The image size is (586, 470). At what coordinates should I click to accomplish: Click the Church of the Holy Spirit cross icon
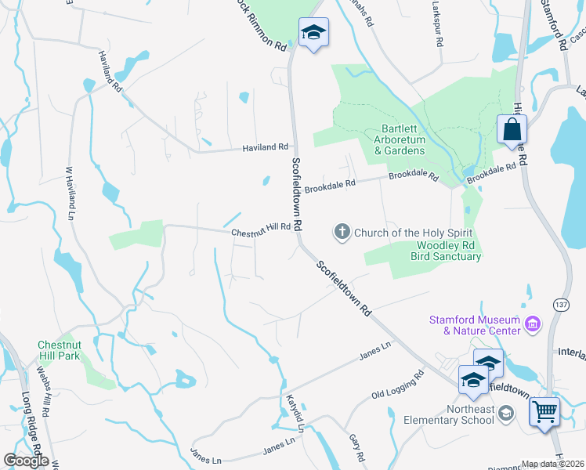342,232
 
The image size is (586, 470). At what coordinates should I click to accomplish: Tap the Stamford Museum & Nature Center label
475,325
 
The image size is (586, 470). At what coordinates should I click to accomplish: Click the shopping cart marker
544,410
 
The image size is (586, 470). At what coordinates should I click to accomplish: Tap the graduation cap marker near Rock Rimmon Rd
313,32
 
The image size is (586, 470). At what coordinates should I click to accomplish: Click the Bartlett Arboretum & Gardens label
399,139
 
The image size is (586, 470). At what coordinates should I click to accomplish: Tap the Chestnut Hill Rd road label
261,232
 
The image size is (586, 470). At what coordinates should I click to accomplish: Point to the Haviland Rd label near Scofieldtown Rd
265,146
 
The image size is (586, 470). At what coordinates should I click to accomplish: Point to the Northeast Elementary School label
448,414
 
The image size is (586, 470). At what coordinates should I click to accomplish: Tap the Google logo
26,461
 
